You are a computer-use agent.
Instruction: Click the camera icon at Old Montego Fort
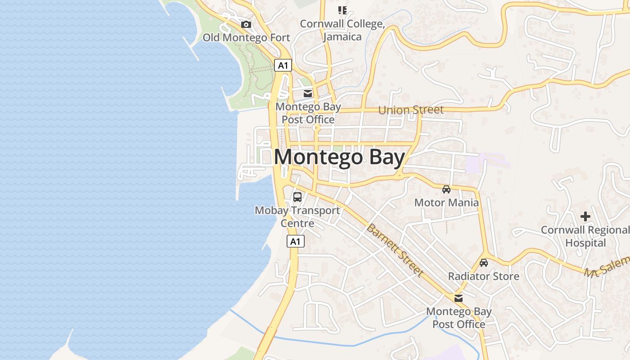[246, 25]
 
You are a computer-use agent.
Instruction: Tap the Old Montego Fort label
[246, 37]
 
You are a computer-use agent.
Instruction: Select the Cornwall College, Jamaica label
[342, 30]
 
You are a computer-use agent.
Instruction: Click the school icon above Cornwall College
[342, 10]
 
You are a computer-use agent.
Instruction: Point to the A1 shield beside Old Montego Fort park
[283, 66]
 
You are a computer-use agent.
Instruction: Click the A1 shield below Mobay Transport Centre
[295, 242]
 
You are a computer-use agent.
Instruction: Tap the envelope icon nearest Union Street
[308, 94]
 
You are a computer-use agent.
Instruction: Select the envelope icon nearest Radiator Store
[459, 298]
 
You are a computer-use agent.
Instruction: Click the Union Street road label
[411, 110]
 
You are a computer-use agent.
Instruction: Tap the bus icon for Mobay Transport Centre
[297, 197]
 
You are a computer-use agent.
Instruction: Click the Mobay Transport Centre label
[297, 216]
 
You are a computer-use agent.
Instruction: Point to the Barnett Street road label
[395, 250]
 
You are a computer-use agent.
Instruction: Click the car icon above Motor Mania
[446, 189]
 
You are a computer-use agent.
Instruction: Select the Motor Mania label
[446, 202]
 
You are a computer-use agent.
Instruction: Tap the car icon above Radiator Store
[484, 263]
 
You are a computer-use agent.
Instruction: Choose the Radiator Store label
[484, 276]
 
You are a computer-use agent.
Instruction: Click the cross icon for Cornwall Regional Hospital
[585, 217]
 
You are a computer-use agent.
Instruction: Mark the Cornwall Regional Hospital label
[585, 236]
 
